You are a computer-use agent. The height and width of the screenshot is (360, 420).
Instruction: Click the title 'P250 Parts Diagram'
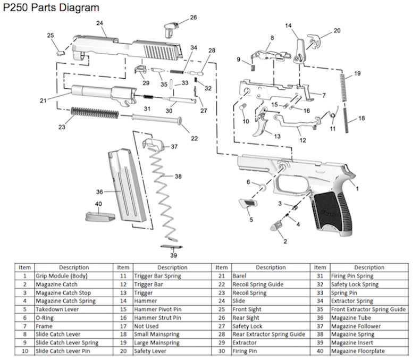coord(50,7)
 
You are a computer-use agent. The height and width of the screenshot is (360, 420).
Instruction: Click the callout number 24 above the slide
coord(99,23)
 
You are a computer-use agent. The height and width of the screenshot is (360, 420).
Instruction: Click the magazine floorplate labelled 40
coord(98,216)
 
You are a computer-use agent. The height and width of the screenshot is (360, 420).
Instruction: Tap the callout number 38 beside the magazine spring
coord(178,176)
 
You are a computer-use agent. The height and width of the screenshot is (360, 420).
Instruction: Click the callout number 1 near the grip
coord(357,188)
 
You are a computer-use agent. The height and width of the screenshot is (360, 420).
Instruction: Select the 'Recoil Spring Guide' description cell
coord(257,284)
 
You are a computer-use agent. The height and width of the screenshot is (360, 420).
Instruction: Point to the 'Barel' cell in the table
coord(239,276)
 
